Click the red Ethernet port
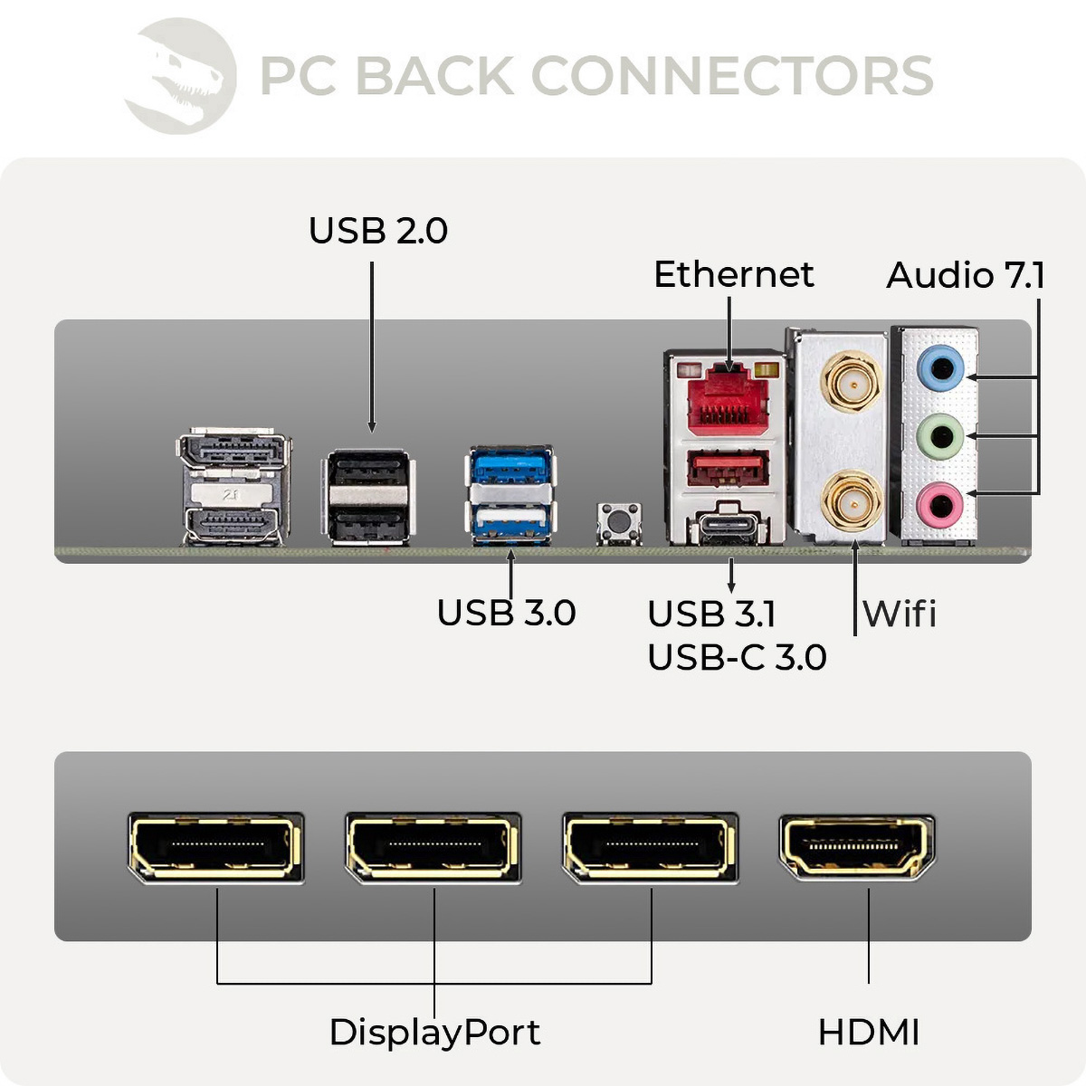pyautogui.click(x=729, y=399)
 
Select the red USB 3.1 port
pyautogui.click(x=729, y=470)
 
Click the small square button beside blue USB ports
pyautogui.click(x=620, y=523)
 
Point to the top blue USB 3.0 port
pyautogui.click(x=511, y=467)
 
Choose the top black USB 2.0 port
pyautogui.click(x=367, y=472)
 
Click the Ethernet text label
pyautogui.click(x=733, y=274)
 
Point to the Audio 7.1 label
pyautogui.click(x=965, y=275)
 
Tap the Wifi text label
pyautogui.click(x=899, y=614)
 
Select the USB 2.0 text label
pyautogui.click(x=377, y=231)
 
